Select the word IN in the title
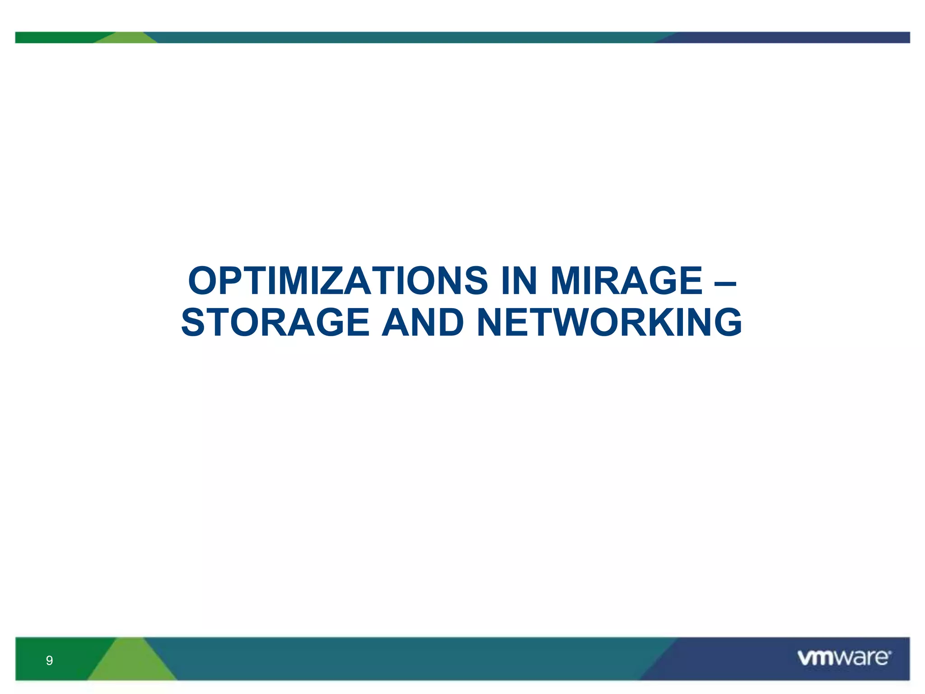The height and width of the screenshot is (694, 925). pyautogui.click(x=519, y=281)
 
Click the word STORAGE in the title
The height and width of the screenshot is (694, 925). pyautogui.click(x=276, y=323)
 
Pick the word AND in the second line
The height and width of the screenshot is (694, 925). pyautogui.click(x=423, y=323)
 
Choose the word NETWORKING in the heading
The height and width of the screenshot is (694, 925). pyautogui.click(x=609, y=323)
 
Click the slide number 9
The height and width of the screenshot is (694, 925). pyautogui.click(x=49, y=661)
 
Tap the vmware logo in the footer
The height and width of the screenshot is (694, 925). pyautogui.click(x=844, y=658)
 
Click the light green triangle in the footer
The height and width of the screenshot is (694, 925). pyautogui.click(x=131, y=664)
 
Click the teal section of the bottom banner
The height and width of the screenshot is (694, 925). pyautogui.click(x=406, y=659)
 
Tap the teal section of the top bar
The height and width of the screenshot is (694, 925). pyautogui.click(x=406, y=38)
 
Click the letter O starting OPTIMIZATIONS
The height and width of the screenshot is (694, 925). pyautogui.click(x=203, y=281)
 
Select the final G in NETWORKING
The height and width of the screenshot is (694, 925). pyautogui.click(x=724, y=323)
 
